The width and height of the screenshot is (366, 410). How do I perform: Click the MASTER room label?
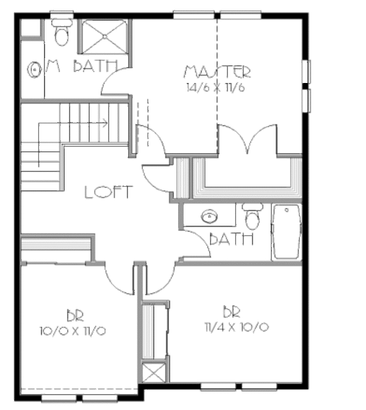(217, 72)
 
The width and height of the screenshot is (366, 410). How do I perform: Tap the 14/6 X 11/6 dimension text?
(217, 87)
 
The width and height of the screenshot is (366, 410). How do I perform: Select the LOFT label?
(108, 192)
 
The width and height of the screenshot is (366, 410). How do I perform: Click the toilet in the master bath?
(62, 34)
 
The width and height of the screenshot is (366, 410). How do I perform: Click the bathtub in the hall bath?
(286, 232)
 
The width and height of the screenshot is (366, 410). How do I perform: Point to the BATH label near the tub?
(231, 239)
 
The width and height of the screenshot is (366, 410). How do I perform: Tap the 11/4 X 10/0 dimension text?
(237, 327)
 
